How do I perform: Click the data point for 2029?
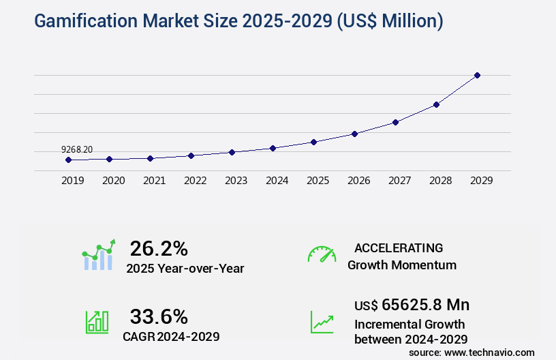[477, 75]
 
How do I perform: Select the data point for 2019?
[68, 160]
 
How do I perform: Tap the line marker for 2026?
[354, 134]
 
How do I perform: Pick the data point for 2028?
[436, 104]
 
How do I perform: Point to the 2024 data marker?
[273, 148]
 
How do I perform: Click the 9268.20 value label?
[77, 149]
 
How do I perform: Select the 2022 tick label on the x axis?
[196, 181]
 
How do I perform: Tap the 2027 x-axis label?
[400, 181]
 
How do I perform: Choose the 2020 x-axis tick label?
[114, 181]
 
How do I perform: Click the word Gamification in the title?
[78, 21]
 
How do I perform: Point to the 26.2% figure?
[159, 248]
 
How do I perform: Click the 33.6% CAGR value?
[159, 316]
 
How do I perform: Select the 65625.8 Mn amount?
[425, 304]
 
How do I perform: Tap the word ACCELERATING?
[399, 247]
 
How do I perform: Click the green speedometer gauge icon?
[322, 254]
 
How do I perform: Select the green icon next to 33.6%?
[97, 322]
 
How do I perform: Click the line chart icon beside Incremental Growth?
[322, 322]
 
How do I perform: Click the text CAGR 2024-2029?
[171, 336]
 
